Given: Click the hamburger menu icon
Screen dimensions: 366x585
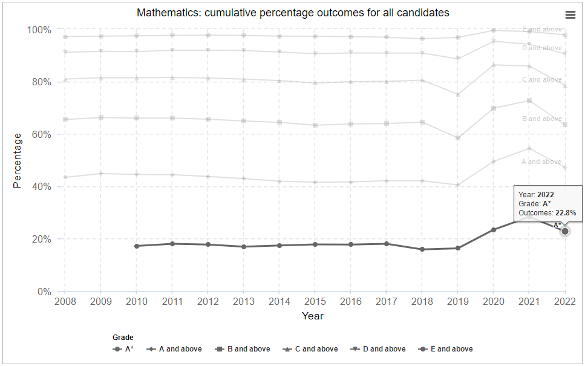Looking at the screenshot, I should pos(570,15).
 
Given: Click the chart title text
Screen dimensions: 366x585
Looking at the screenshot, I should pos(293,13).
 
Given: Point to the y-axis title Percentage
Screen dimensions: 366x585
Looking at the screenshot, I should pos(17,160).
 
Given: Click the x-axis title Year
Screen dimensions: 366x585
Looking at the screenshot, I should pos(313,316).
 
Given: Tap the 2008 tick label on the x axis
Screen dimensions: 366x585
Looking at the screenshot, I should pos(65,301).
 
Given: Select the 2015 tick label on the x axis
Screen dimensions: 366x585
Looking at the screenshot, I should pos(315,301).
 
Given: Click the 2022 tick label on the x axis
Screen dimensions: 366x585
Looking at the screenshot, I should pos(565,301).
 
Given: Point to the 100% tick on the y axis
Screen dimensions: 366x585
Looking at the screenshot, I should pos(39,30).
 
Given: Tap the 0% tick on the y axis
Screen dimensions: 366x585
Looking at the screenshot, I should pos(44,292).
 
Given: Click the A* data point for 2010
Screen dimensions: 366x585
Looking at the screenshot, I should pos(137,246).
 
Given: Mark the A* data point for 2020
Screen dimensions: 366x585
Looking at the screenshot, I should pos(494,230).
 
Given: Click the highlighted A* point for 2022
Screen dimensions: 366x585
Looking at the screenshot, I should pos(565,231).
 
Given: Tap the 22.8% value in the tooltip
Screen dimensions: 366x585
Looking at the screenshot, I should pos(566,213).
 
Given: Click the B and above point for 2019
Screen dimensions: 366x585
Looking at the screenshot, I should pos(458,138).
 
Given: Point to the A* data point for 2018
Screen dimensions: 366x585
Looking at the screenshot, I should pos(422,249).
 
